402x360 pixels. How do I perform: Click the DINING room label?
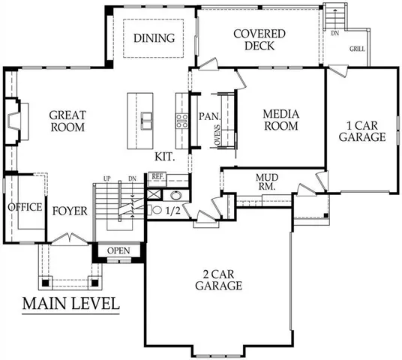(x=154, y=38)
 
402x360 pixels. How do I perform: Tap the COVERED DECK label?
(x=259, y=40)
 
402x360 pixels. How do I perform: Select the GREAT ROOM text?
(x=67, y=121)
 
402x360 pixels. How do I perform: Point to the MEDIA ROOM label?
(x=281, y=120)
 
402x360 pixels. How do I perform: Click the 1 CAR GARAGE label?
(x=361, y=131)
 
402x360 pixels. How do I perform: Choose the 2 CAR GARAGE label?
(x=218, y=280)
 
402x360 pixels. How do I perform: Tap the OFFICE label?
(x=25, y=207)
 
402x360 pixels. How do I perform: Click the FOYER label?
(x=70, y=211)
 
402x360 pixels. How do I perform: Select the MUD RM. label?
(x=267, y=181)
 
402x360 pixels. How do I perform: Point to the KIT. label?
(x=165, y=157)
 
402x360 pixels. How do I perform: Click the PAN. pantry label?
(x=208, y=117)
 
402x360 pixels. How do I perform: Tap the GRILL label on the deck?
(x=358, y=49)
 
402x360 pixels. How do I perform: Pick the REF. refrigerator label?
(x=157, y=176)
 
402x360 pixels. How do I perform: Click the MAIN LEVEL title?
(x=70, y=304)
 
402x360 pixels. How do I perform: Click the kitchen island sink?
(x=148, y=117)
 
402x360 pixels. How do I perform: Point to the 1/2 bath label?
(x=172, y=211)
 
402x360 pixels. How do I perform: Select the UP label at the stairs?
(x=107, y=178)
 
